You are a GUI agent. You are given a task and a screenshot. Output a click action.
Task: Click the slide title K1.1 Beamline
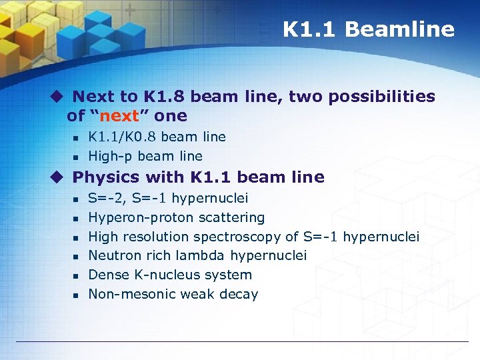tap(368, 29)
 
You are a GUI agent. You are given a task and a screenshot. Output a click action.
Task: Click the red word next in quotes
tap(119, 116)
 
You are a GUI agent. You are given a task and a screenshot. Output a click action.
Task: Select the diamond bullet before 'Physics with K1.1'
tap(58, 177)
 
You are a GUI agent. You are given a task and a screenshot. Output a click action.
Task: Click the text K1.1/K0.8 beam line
tap(157, 137)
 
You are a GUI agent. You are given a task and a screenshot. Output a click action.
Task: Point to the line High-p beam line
tap(145, 156)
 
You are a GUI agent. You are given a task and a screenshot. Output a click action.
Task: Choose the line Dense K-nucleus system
tap(170, 275)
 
